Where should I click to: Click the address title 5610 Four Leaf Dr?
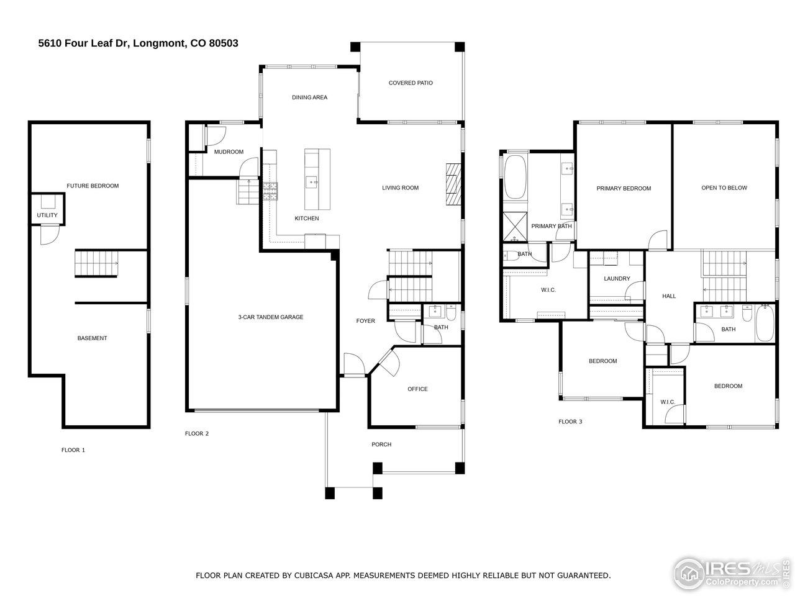coord(138,43)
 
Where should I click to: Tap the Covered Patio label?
coord(411,83)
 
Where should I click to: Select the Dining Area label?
coord(309,97)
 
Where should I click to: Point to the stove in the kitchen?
coord(271,191)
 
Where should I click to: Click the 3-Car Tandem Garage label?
coord(270,317)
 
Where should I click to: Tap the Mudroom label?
coord(229,152)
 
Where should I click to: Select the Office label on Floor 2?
coord(417,389)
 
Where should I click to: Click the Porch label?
coord(381,445)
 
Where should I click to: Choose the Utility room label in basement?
coord(47,215)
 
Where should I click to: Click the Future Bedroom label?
coord(93,186)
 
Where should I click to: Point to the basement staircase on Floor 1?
coord(96,263)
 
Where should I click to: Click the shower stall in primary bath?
coord(514,227)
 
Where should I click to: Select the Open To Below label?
coord(724,188)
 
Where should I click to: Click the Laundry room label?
coord(617,279)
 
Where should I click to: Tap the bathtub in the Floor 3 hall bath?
coord(765,322)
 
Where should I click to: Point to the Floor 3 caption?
coord(570,422)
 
